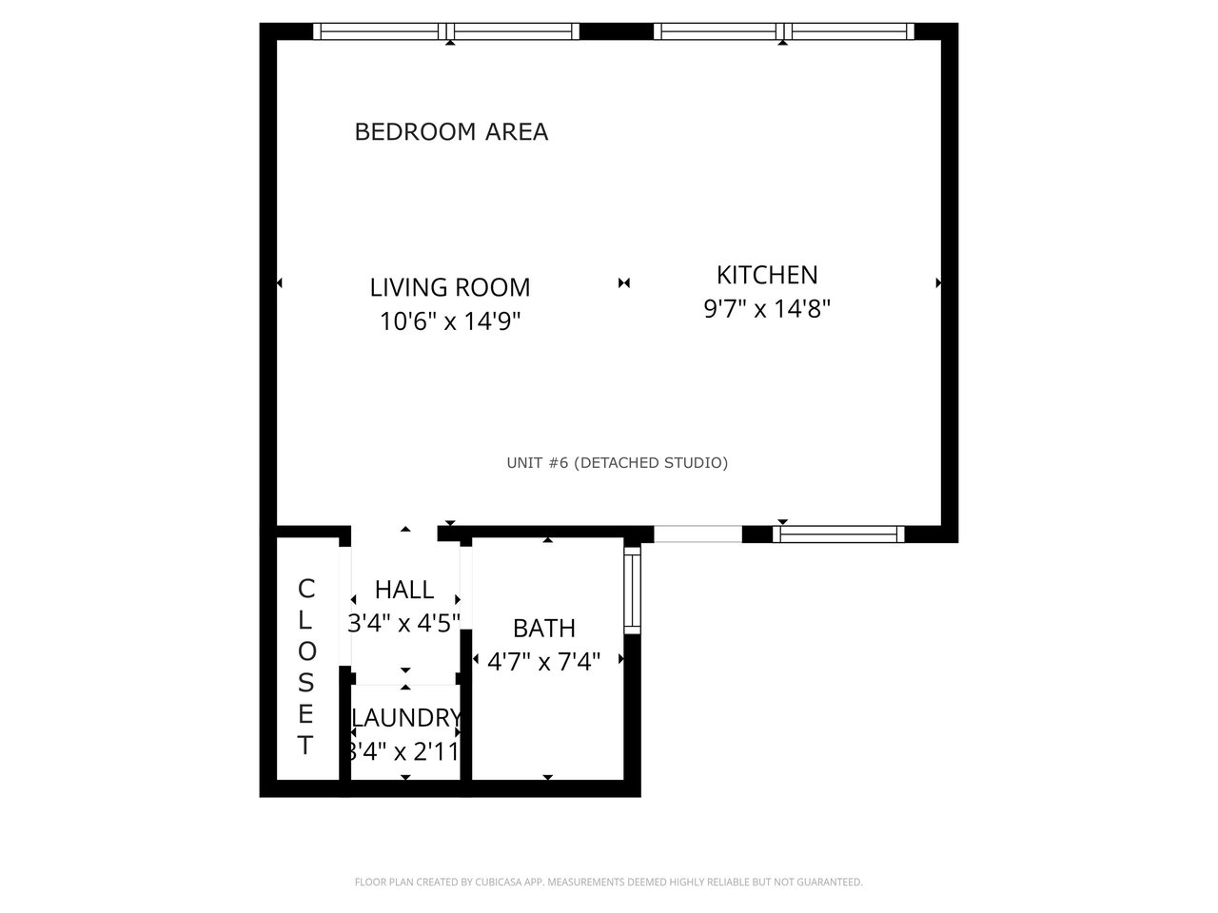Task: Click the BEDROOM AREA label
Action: point(451,132)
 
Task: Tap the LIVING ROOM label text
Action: point(450,288)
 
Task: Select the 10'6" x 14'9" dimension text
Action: point(450,321)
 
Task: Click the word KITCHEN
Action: point(767,275)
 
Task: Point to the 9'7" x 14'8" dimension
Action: point(767,308)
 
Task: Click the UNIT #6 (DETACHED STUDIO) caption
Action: point(617,463)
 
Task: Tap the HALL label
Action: point(404,590)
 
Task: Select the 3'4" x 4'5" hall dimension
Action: point(404,623)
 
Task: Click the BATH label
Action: point(544,629)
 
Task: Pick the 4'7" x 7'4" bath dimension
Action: point(544,661)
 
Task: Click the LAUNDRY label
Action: point(406,718)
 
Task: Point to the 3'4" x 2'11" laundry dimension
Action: point(404,751)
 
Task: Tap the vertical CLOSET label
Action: point(306,667)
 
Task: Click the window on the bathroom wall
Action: point(632,590)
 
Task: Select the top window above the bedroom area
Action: point(446,31)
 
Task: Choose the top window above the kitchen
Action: point(783,31)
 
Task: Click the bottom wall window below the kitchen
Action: point(838,534)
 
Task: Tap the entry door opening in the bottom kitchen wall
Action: point(697,534)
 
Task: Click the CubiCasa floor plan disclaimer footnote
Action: point(609,882)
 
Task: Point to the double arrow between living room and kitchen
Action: point(623,283)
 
